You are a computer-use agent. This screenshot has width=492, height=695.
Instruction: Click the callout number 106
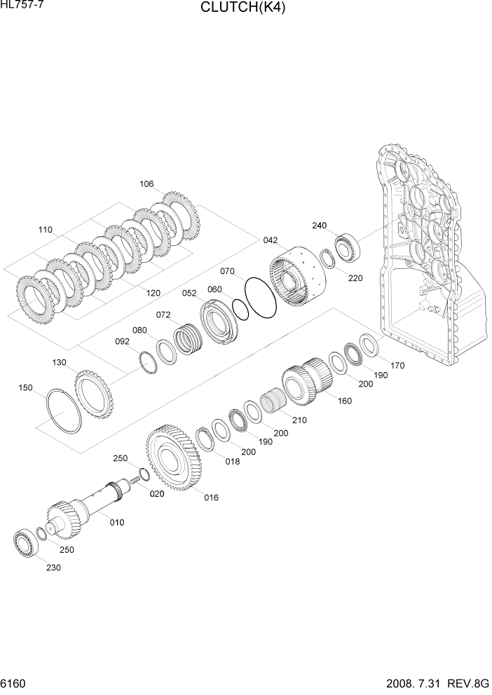tap(146, 184)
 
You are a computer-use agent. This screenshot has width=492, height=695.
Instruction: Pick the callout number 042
tap(271, 239)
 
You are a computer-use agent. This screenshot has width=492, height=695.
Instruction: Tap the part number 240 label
tap(320, 226)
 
